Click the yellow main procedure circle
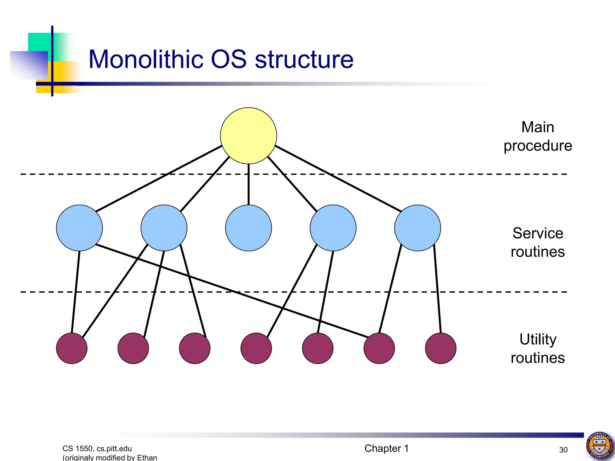248,136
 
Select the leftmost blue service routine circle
79,228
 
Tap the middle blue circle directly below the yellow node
248,228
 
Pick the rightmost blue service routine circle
417,228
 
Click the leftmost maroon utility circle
72,348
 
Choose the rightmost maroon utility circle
441,348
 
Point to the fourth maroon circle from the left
256,348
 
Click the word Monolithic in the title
146,59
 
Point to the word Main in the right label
538,127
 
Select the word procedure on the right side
538,146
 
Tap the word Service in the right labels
538,233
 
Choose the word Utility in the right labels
538,339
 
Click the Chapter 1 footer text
386,448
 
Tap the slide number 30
563,450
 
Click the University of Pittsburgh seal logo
599,445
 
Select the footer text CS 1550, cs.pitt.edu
97,448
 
